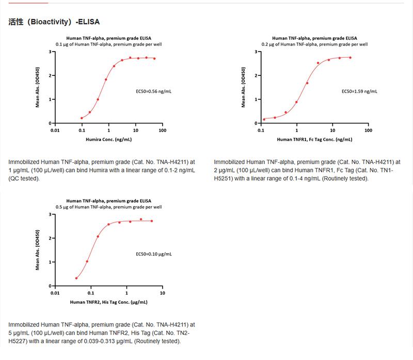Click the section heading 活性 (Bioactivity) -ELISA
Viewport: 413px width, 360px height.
(54, 22)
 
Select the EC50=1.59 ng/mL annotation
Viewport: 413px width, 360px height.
(360, 91)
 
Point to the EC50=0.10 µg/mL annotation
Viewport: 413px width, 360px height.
(153, 254)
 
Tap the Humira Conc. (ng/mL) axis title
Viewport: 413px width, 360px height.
(109, 139)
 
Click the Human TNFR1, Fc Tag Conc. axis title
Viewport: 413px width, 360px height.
(314, 139)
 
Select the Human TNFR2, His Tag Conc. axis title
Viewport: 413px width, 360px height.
(109, 302)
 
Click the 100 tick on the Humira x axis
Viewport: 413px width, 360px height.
(162, 130)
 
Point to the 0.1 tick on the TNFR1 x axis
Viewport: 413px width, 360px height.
(260, 130)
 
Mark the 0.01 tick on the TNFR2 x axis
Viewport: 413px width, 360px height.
(55, 293)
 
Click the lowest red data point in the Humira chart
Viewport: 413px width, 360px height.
(82, 118)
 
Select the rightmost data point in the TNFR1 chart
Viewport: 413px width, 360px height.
(350, 58)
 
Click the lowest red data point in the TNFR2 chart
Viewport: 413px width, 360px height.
(76, 278)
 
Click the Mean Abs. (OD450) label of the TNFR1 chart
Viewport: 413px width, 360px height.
(243, 87)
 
